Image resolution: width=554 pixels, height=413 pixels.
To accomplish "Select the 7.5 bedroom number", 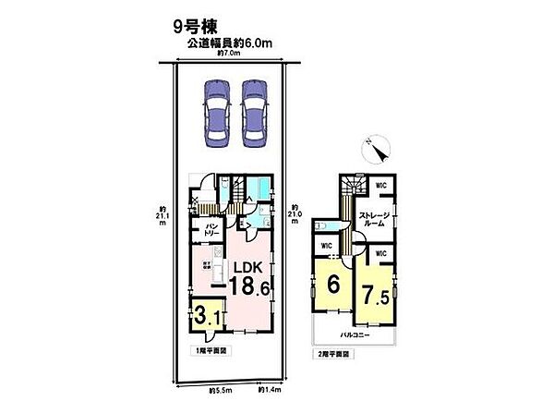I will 375,298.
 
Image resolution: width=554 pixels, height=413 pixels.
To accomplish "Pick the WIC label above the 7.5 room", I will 379,251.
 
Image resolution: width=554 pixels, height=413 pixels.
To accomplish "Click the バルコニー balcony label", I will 354,335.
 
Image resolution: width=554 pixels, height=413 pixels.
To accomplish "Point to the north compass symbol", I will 378,145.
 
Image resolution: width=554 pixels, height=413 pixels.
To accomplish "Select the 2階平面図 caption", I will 330,353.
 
